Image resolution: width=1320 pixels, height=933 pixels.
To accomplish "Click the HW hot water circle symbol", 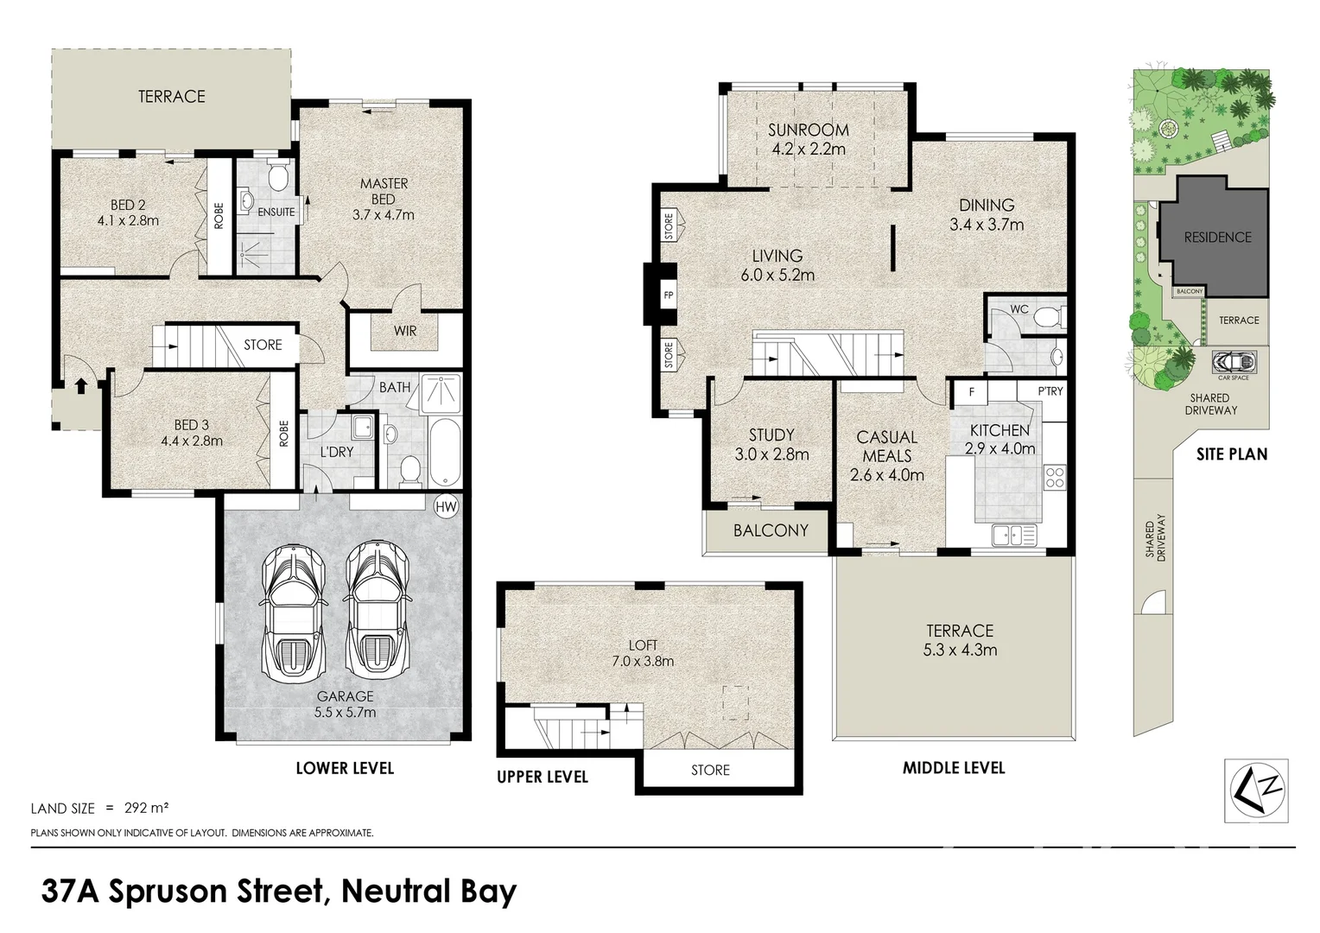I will click(x=447, y=505).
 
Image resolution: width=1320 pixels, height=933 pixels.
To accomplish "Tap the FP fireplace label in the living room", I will click(x=668, y=295).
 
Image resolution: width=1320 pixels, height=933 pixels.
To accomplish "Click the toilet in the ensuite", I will click(x=278, y=179).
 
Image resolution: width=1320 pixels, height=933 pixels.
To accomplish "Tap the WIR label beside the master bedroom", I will click(x=405, y=330).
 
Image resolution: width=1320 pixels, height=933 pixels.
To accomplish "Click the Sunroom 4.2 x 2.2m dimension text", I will click(x=809, y=149).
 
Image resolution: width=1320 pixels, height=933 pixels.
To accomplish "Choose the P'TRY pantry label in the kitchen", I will click(x=1050, y=391).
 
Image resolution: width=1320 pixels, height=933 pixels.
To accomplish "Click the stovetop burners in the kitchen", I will click(x=1054, y=477).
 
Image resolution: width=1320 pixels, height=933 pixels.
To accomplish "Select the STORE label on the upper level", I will click(x=710, y=770).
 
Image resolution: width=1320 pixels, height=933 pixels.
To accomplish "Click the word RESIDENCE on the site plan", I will click(x=1216, y=237).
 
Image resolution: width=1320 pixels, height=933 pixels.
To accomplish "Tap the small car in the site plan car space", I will click(x=1233, y=360).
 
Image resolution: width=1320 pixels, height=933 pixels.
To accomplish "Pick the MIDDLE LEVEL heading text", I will click(x=954, y=767).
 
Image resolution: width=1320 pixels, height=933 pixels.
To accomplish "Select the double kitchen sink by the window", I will click(x=1014, y=536).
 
